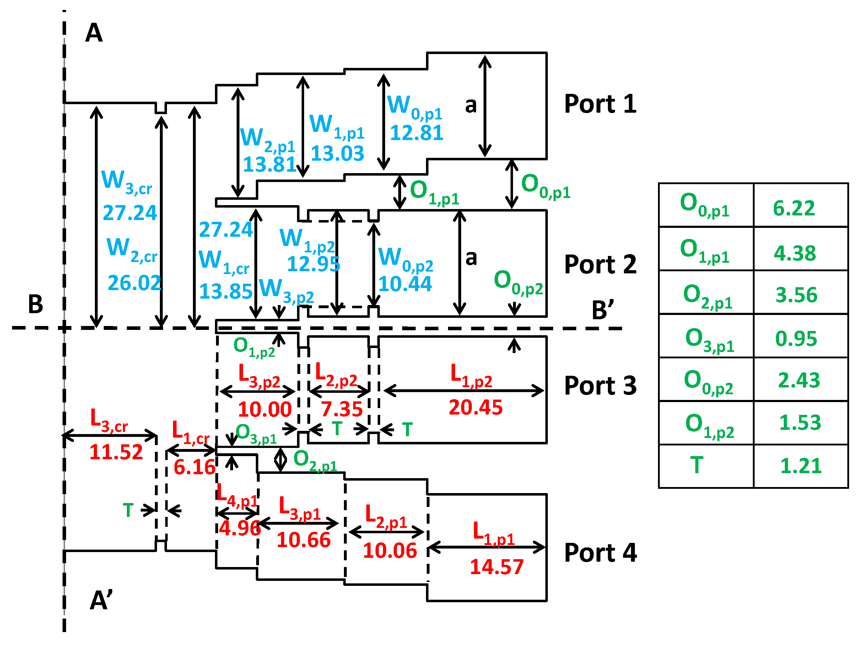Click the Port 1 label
[x=600, y=104]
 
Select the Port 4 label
[x=600, y=553]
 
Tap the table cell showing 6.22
[x=794, y=208]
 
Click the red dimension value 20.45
[x=475, y=407]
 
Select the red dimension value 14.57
[x=497, y=567]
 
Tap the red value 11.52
[x=116, y=452]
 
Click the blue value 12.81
[x=416, y=133]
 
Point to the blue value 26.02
[x=134, y=283]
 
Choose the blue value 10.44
[x=405, y=284]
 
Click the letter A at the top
[x=94, y=33]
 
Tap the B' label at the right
[x=603, y=310]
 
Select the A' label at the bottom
[x=101, y=600]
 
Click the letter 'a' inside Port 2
[x=471, y=258]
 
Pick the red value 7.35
[x=341, y=409]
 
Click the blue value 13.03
[x=337, y=153]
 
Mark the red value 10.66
[x=303, y=540]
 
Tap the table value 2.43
[x=799, y=380]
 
